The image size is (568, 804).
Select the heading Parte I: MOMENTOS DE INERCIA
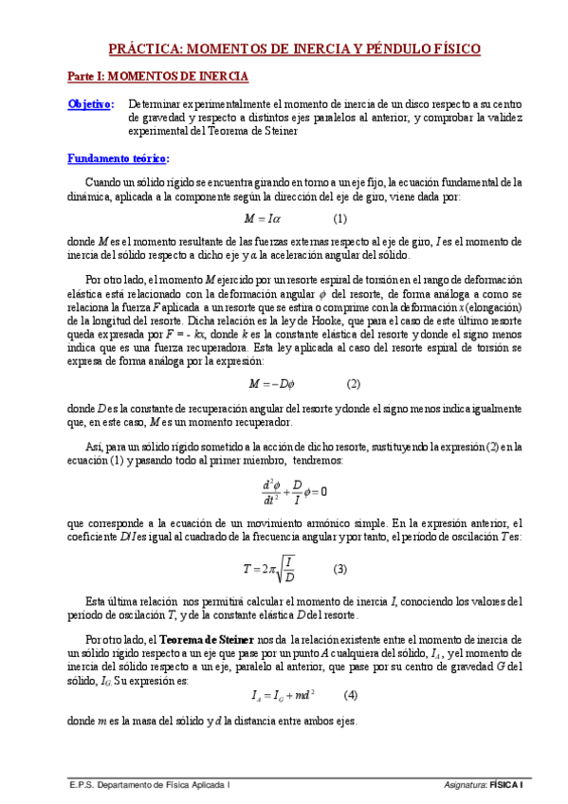click(157, 75)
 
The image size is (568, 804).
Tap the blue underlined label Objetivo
click(90, 104)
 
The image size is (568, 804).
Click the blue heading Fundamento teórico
click(118, 158)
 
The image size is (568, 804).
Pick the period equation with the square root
click(269, 570)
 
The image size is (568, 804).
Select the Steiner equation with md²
click(283, 695)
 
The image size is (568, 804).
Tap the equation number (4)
click(351, 694)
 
